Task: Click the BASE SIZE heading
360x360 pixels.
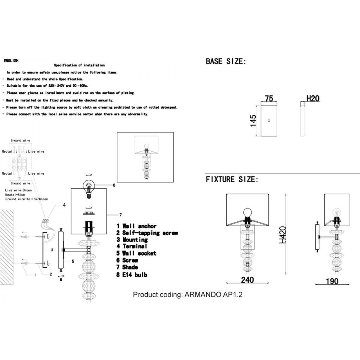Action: click(x=226, y=61)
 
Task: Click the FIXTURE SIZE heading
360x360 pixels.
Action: click(x=232, y=179)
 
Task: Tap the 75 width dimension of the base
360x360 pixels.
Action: click(x=269, y=98)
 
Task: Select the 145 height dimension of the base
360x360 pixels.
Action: click(x=253, y=121)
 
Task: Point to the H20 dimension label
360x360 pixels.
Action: click(x=313, y=98)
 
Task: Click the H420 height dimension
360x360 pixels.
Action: click(x=283, y=235)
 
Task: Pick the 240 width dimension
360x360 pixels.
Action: click(x=247, y=280)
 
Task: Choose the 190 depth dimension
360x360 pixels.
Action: click(x=332, y=281)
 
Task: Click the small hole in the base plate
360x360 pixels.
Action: click(x=269, y=121)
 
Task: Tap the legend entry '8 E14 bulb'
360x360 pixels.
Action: click(x=132, y=274)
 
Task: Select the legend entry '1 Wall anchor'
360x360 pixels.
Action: click(x=136, y=226)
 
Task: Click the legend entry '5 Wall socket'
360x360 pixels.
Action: click(x=136, y=253)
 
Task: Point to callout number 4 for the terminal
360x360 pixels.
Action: click(x=64, y=205)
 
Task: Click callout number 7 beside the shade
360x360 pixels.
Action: click(x=121, y=215)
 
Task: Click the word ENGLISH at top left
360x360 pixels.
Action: click(x=11, y=61)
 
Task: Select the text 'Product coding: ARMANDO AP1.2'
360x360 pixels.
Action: click(x=187, y=294)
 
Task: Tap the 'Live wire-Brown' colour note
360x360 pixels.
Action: click(x=19, y=190)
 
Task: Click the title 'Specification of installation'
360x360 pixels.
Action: click(x=79, y=65)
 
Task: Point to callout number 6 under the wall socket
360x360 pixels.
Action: click(x=61, y=280)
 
